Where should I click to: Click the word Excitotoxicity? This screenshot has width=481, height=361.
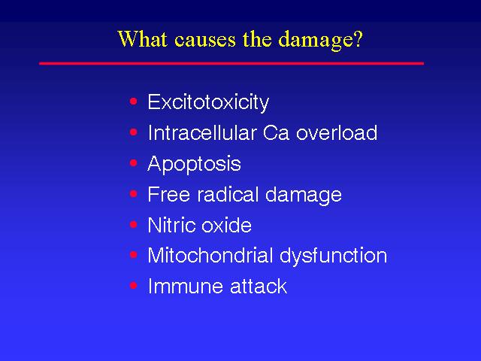(208, 102)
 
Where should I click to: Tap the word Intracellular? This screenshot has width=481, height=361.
(202, 132)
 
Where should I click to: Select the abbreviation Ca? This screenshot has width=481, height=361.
(276, 133)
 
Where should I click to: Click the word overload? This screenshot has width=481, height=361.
(337, 132)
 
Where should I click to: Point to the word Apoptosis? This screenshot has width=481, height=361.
(194, 164)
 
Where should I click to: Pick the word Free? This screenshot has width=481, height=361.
(168, 194)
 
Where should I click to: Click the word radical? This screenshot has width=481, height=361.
(228, 194)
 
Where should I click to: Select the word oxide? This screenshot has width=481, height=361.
(226, 225)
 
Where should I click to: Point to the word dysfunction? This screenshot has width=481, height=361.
(334, 256)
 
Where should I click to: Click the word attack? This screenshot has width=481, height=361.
(259, 286)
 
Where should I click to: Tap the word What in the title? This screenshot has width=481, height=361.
(143, 38)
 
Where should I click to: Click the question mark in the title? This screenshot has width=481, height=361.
(358, 38)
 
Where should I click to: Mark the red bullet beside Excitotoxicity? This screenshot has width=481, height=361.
(134, 102)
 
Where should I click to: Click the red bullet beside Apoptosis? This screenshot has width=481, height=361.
(134, 162)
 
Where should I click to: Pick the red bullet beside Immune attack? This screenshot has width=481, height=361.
(134, 286)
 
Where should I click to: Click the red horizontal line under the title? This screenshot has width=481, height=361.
(231, 63)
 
